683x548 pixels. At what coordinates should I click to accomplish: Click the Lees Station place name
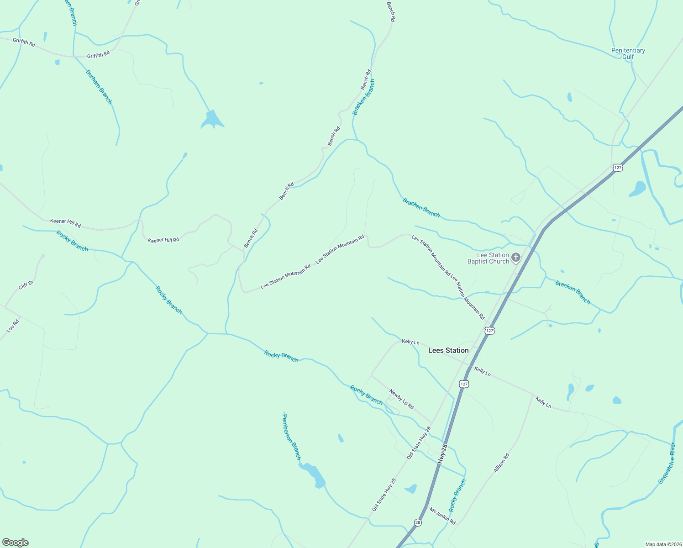tap(448, 350)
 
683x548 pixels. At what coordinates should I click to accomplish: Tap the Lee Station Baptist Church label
tap(488, 258)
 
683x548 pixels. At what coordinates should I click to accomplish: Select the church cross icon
tap(516, 258)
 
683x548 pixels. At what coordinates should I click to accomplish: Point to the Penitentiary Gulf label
tap(628, 53)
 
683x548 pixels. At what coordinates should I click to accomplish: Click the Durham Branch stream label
tap(99, 87)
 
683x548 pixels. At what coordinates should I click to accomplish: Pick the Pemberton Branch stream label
tap(292, 437)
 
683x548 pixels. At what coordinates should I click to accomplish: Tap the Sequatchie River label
tap(667, 463)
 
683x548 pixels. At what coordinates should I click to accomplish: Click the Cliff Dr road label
tap(26, 285)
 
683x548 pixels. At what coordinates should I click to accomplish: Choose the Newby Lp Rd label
tap(401, 399)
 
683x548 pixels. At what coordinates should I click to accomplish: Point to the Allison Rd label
tap(501, 463)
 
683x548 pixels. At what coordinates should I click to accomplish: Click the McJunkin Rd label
tap(442, 516)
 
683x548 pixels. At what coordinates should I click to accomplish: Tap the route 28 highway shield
tap(418, 522)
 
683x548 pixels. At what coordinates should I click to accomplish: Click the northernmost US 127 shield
tap(617, 168)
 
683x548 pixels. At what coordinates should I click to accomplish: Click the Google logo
tap(16, 543)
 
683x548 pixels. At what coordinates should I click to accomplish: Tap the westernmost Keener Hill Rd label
tap(65, 223)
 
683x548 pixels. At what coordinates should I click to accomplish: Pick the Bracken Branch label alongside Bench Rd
tap(363, 97)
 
